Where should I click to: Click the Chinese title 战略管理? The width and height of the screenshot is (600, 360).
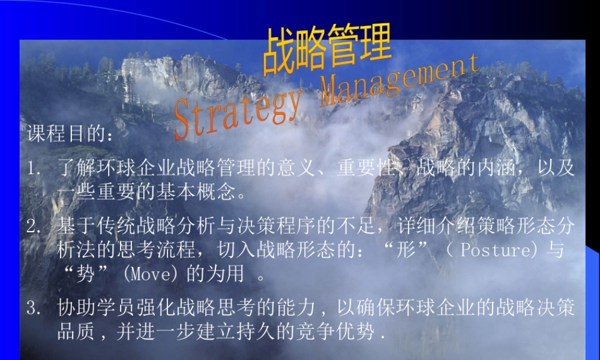click(x=327, y=49)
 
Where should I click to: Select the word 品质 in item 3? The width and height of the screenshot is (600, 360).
click(x=72, y=332)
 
